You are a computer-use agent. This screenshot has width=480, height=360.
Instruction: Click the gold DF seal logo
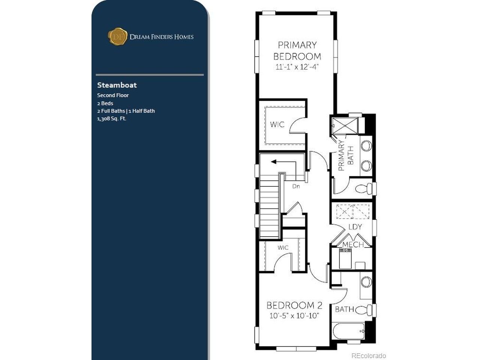(117, 36)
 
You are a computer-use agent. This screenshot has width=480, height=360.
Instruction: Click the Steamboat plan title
(117, 85)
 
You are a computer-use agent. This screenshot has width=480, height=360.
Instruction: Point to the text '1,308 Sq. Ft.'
(112, 119)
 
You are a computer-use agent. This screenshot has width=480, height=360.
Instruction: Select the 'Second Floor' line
(113, 95)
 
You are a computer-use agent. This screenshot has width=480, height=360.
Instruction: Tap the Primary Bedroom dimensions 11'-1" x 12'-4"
(297, 67)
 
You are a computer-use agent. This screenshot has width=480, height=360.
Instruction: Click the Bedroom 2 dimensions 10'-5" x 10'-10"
(294, 316)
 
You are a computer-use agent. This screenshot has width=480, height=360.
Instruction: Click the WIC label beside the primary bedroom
(277, 124)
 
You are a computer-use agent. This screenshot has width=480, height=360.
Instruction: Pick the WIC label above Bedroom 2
(283, 247)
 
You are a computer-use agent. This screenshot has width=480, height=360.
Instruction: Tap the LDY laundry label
(355, 227)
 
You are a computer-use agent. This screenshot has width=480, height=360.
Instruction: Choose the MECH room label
(353, 244)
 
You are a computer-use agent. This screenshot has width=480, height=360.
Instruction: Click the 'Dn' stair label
(296, 186)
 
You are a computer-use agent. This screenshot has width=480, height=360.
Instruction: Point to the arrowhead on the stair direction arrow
(273, 162)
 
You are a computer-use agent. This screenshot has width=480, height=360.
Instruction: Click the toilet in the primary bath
(364, 188)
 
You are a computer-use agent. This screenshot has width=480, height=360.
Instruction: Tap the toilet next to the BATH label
(364, 309)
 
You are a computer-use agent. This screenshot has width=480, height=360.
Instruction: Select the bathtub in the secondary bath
(348, 331)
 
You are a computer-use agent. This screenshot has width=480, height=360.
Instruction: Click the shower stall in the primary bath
(345, 126)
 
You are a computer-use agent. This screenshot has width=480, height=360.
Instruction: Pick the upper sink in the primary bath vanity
(366, 146)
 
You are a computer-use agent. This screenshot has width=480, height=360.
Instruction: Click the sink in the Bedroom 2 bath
(366, 282)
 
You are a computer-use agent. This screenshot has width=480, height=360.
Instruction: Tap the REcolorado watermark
(369, 355)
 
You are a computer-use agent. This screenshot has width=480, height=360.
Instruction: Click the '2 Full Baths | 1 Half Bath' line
(126, 111)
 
